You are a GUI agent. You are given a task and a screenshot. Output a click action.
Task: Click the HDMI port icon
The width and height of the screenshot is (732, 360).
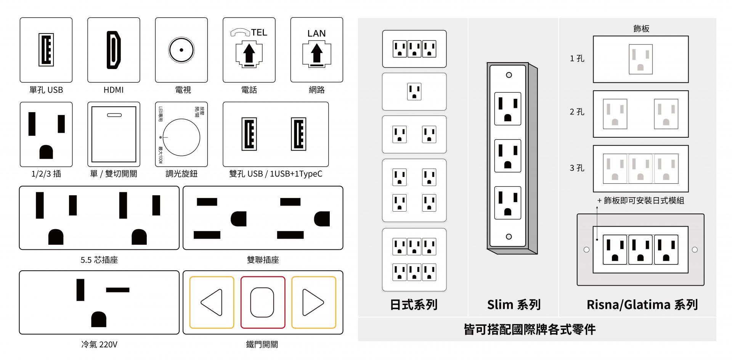(114, 50)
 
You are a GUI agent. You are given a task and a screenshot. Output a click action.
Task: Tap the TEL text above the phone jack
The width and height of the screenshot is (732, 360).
(259, 33)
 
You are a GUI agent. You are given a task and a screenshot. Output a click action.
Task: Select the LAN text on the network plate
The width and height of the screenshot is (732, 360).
(316, 34)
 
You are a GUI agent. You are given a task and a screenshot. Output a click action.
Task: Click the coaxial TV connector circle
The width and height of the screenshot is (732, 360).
(181, 50)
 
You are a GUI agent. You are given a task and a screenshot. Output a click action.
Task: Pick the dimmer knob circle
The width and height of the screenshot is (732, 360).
(181, 137)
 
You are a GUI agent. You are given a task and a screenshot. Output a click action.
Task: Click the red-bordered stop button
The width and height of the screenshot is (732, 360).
(263, 302)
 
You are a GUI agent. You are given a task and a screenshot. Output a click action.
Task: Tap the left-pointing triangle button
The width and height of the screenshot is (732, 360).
(212, 302)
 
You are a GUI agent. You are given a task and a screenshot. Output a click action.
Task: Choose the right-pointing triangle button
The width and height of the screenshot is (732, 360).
(313, 302)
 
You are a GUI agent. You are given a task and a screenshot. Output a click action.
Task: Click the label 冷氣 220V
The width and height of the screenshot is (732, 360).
(99, 345)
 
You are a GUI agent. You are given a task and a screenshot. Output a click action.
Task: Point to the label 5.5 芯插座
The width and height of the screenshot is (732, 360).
(99, 260)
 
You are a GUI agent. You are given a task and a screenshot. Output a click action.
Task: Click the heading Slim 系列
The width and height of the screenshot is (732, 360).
(514, 305)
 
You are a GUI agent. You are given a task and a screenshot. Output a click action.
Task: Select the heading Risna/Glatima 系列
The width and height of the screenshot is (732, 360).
(642, 305)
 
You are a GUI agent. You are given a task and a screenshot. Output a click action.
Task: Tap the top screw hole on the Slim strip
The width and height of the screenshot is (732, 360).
(509, 75)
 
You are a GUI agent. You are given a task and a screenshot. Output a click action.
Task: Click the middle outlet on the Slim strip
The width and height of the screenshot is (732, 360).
(508, 156)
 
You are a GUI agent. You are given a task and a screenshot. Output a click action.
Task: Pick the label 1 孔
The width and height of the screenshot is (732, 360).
(577, 59)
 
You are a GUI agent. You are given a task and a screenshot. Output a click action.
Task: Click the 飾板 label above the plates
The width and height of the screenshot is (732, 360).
(641, 29)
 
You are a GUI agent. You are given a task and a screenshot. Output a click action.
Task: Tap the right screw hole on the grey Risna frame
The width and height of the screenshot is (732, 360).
(695, 250)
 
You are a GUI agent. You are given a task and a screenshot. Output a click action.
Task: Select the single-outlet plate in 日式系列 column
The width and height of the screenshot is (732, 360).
(414, 92)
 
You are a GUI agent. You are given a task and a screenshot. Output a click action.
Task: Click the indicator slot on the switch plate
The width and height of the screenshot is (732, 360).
(114, 115)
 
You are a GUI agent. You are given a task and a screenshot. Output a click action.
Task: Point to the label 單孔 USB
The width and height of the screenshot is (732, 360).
(46, 90)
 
